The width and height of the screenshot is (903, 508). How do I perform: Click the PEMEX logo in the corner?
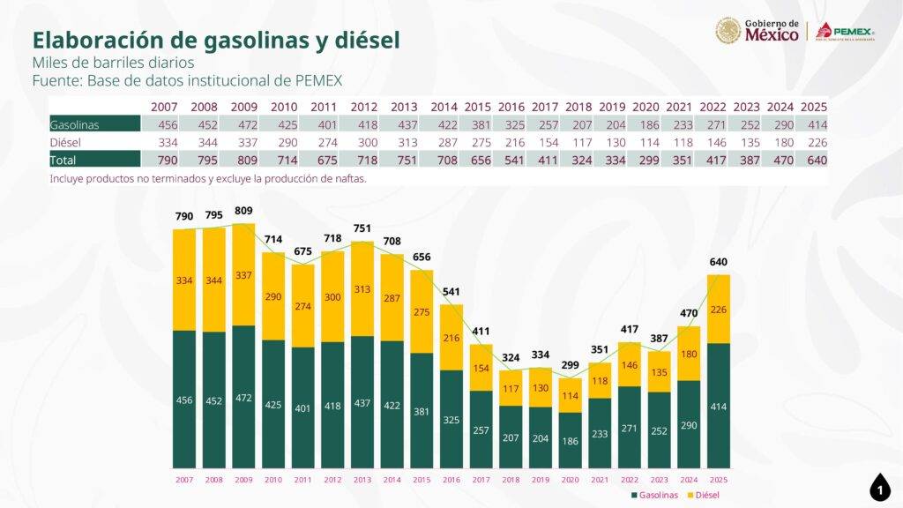(845, 32)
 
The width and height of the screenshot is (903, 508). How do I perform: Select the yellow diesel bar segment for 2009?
(243, 274)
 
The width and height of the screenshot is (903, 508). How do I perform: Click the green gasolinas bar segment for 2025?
(718, 405)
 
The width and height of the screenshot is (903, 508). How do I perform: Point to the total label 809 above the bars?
(243, 212)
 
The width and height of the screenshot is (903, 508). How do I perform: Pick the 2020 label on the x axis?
(570, 479)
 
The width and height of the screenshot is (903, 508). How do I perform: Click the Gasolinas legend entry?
(654, 495)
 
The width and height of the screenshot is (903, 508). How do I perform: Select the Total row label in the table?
(65, 160)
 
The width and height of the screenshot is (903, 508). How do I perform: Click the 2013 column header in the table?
(403, 107)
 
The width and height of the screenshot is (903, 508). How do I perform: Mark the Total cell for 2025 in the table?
(813, 160)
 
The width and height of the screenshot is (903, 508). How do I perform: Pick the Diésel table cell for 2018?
(578, 142)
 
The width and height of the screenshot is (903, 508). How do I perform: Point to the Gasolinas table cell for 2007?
(164, 124)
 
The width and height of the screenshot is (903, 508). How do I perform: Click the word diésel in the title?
(362, 40)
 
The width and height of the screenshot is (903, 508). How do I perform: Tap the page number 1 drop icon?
(879, 487)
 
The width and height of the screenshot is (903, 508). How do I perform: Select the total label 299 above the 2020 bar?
(570, 365)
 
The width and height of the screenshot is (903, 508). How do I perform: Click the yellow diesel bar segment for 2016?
(451, 338)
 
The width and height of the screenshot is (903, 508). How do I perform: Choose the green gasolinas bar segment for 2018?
(511, 437)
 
